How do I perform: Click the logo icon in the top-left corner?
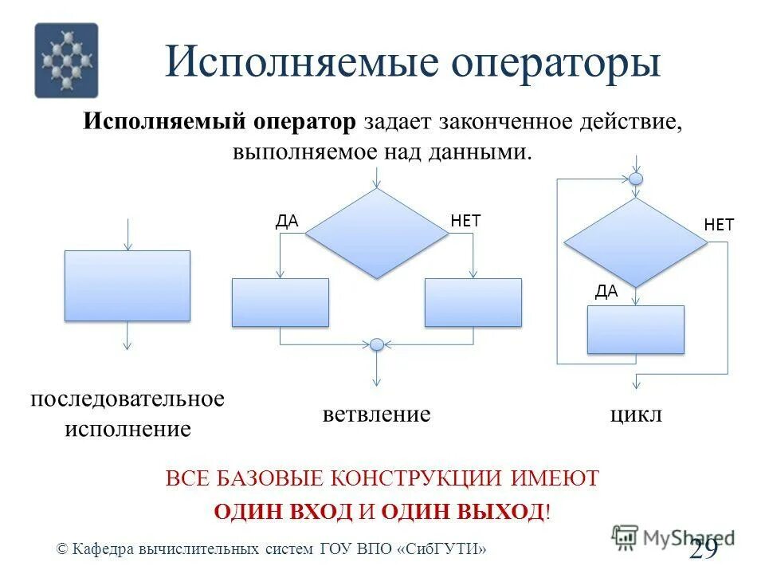pyautogui.click(x=66, y=60)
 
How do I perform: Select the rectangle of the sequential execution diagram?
pyautogui.click(x=127, y=285)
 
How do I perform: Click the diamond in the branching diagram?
pyautogui.click(x=377, y=234)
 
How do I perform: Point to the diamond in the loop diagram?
pyautogui.click(x=635, y=242)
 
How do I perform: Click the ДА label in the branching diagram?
pyautogui.click(x=287, y=222)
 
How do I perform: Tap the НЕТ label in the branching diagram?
pyautogui.click(x=466, y=221)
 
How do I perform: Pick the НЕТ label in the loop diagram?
pyautogui.click(x=719, y=225)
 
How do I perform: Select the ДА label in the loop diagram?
pyautogui.click(x=606, y=292)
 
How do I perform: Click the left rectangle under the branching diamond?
pyautogui.click(x=280, y=302)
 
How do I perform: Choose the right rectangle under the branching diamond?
pyautogui.click(x=473, y=302)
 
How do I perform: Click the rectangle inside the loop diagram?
pyautogui.click(x=636, y=329)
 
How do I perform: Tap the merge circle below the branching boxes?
pyautogui.click(x=377, y=345)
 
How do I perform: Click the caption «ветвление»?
pyautogui.click(x=377, y=415)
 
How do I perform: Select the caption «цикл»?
pyautogui.click(x=636, y=415)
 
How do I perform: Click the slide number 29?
pyautogui.click(x=704, y=548)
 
